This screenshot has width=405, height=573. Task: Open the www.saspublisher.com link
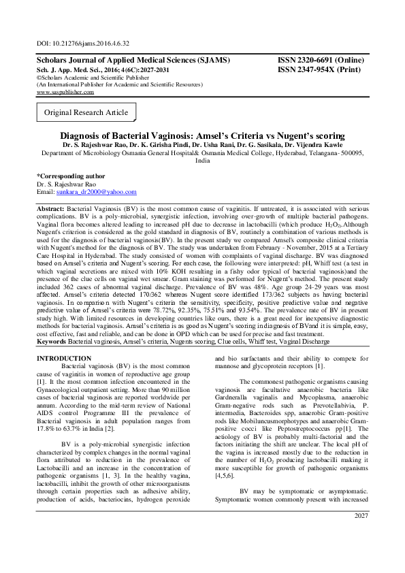(65, 91)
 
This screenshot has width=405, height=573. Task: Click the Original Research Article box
(86, 112)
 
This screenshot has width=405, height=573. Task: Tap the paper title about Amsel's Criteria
(202, 135)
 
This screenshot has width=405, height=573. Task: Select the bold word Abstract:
(50, 208)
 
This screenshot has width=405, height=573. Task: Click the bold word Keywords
(51, 340)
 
